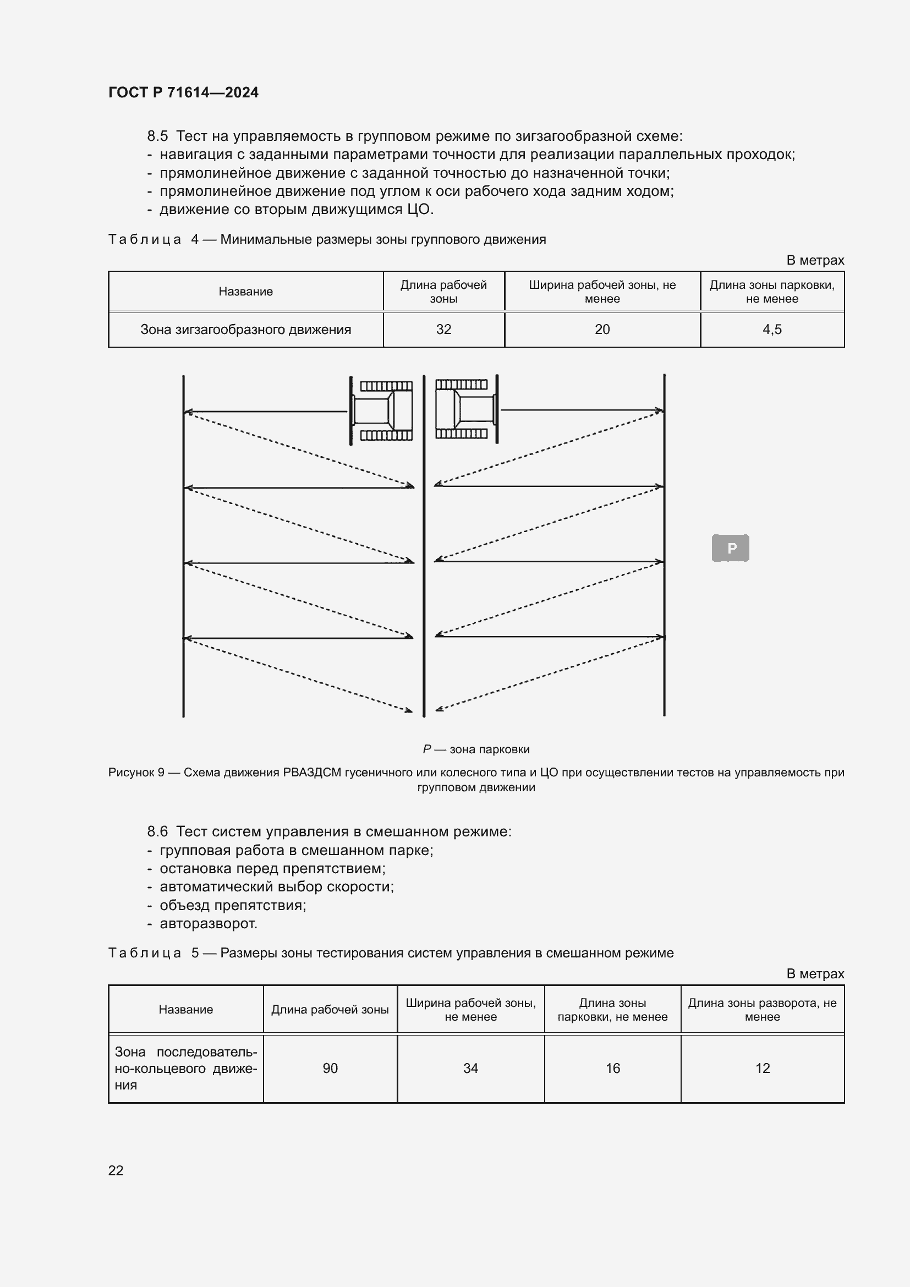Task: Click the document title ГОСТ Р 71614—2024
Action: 183,92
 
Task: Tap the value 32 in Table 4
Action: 443,330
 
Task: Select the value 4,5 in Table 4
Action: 771,330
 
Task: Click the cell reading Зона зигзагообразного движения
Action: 245,330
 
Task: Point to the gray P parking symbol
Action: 730,547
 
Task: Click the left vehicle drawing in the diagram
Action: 382,410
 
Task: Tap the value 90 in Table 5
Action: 330,1068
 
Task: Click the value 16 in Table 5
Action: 612,1068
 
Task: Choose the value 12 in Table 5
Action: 762,1068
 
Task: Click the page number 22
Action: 116,1170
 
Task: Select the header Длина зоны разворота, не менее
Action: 762,1010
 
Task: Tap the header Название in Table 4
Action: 245,292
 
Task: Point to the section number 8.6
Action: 157,831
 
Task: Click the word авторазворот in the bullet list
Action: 209,923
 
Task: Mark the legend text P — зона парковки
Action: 476,749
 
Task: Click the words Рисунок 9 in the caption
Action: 136,773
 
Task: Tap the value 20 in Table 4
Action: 602,330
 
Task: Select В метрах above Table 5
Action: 815,974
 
